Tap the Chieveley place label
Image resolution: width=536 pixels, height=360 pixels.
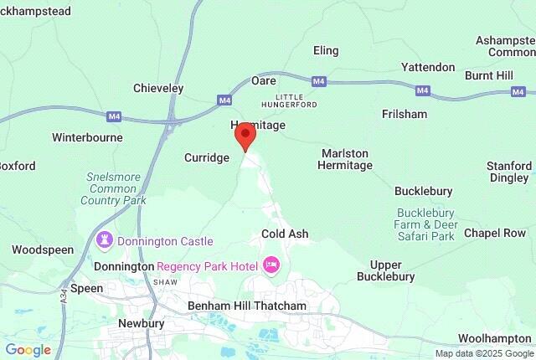click(158, 88)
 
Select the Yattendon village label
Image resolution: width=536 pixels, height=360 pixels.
click(427, 67)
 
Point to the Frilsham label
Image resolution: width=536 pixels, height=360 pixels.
click(404, 114)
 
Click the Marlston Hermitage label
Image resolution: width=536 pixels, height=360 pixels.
click(345, 159)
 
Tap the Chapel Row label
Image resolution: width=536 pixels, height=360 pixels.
click(495, 232)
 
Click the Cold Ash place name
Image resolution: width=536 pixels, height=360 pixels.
click(285, 234)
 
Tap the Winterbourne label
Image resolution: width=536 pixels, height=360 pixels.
click(87, 137)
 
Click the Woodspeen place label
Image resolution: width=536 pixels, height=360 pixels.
click(43, 249)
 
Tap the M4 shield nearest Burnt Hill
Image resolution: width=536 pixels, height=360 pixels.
click(422, 90)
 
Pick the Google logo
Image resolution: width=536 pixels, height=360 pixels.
click(28, 350)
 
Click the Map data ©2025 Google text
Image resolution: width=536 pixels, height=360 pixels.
click(483, 353)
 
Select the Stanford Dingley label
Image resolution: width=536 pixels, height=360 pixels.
click(508, 172)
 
